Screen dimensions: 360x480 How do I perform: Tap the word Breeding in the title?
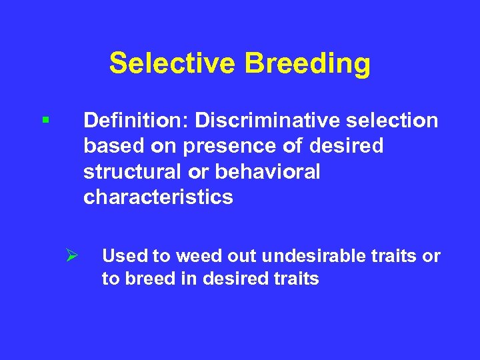click(x=307, y=64)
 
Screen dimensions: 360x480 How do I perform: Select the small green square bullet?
click(x=45, y=121)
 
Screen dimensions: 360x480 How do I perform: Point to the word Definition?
click(x=135, y=121)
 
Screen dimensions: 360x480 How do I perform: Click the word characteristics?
click(x=158, y=197)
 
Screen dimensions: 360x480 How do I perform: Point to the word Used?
click(x=122, y=256)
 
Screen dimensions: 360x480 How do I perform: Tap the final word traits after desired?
click(x=297, y=279)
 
